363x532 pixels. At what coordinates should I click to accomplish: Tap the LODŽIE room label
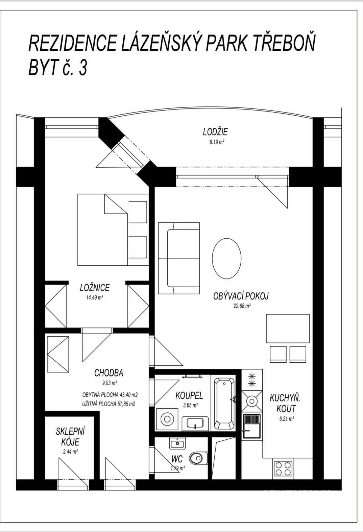tap(215, 132)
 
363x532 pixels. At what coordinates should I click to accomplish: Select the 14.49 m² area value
tap(95, 298)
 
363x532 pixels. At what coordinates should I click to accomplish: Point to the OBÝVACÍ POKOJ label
tap(241, 296)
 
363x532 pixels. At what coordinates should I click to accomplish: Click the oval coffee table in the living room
tap(226, 259)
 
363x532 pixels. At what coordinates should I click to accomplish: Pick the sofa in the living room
tap(179, 258)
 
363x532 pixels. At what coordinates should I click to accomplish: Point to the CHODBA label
tap(108, 373)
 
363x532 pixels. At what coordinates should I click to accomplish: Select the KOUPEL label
tap(189, 396)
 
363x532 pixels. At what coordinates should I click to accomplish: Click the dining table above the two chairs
tap(288, 329)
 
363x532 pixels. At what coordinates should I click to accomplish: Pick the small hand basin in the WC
tap(178, 443)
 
